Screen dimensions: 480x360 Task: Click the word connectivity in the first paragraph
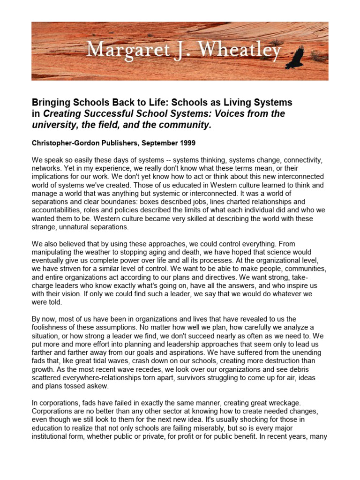(304, 160)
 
